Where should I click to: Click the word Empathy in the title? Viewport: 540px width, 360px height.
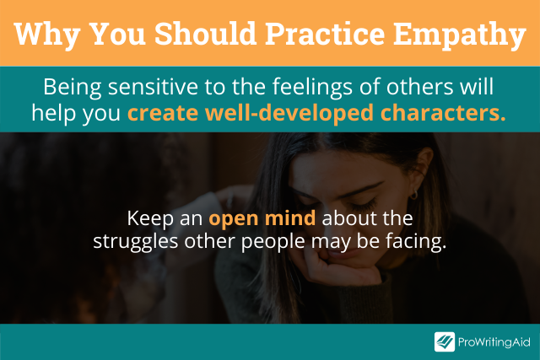(460, 35)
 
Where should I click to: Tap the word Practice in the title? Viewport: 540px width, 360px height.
(325, 34)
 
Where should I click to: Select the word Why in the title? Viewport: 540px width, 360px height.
(47, 35)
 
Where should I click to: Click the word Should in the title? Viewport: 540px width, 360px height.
(205, 34)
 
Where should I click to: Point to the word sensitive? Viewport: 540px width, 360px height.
(153, 87)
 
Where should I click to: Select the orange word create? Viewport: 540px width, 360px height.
(163, 113)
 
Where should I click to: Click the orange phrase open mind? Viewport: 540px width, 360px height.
(262, 218)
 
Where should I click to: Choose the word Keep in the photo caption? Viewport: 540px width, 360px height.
(150, 218)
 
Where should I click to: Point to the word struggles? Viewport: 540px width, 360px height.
(136, 242)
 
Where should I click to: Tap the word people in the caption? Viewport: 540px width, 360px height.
(273, 242)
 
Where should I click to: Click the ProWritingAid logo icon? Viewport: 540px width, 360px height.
(445, 341)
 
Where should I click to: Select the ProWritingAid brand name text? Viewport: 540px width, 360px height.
(494, 342)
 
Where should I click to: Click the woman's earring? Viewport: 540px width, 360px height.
(413, 195)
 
